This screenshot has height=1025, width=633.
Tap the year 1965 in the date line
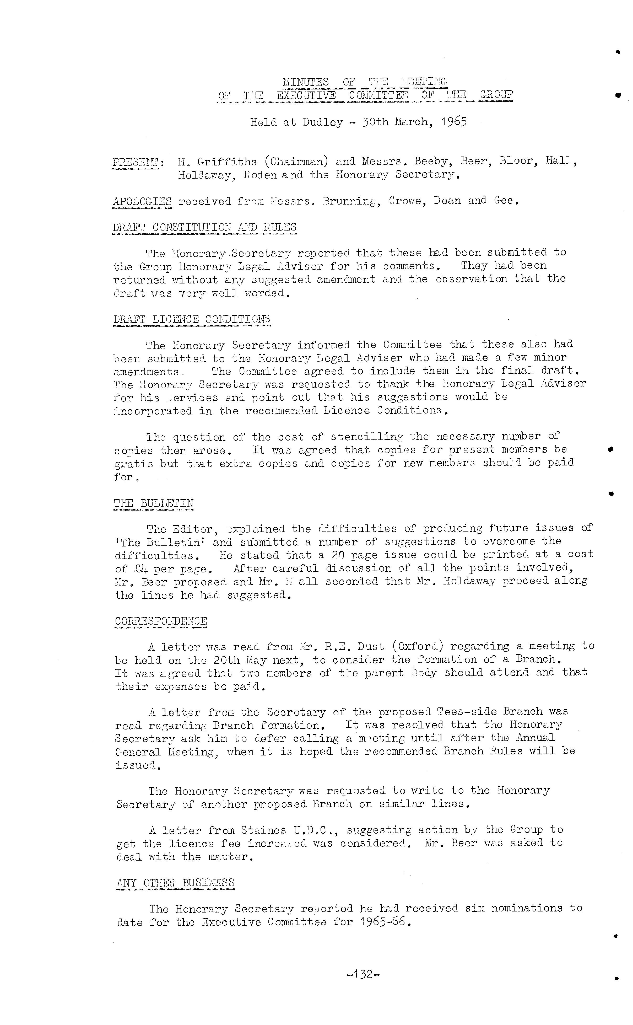pyautogui.click(x=454, y=122)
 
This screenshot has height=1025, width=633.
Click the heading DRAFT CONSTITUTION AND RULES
pyautogui.click(x=204, y=227)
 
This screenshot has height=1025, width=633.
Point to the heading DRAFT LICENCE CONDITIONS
pyautogui.click(x=192, y=319)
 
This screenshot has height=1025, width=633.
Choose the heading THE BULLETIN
pyautogui.click(x=154, y=503)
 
